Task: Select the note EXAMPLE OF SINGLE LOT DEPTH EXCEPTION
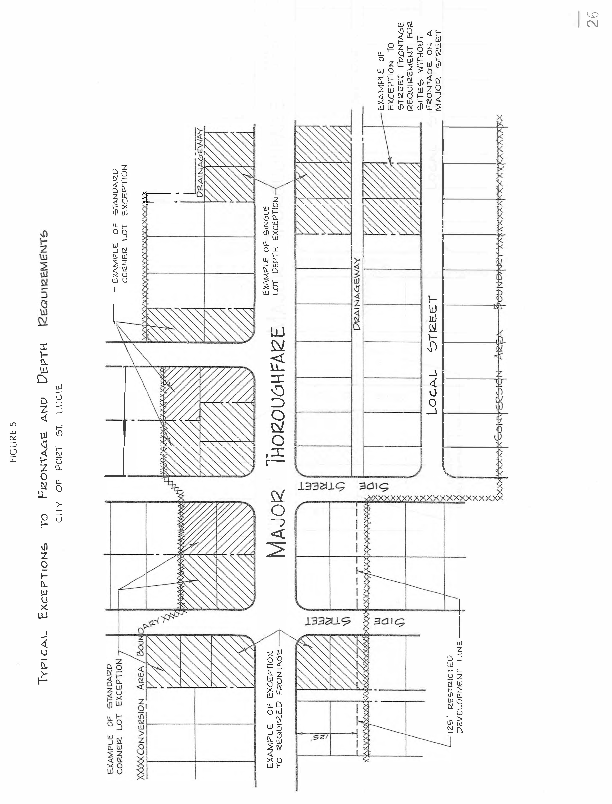click(271, 246)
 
